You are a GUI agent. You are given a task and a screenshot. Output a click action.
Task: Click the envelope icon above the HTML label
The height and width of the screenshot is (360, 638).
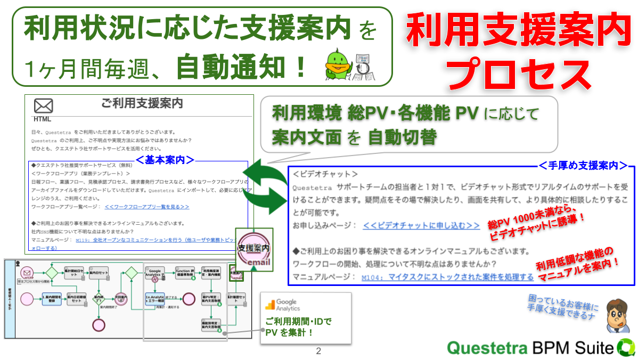tap(44, 105)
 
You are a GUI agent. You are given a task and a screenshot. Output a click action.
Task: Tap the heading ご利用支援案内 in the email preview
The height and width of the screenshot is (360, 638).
tap(142, 103)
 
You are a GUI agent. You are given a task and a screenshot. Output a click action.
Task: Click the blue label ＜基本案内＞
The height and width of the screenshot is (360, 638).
tap(165, 159)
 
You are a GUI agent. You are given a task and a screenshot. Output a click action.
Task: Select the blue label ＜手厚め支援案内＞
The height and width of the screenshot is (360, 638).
tap(583, 166)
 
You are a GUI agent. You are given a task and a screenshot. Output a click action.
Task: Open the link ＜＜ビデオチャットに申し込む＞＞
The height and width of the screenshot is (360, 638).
tap(421, 226)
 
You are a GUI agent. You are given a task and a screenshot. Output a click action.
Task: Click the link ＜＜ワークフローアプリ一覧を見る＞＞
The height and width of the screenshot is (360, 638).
tap(147, 207)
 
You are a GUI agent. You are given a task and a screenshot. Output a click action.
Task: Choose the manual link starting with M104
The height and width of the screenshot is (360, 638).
tap(447, 277)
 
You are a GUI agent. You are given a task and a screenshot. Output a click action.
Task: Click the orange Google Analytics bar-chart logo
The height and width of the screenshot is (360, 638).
tap(271, 304)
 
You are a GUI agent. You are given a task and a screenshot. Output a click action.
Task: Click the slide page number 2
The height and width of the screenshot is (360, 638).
tap(318, 351)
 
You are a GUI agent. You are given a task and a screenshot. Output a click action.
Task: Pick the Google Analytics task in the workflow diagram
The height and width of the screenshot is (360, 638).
tap(155, 273)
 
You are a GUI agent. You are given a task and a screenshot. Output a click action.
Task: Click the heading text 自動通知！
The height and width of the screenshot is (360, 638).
tap(242, 68)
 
